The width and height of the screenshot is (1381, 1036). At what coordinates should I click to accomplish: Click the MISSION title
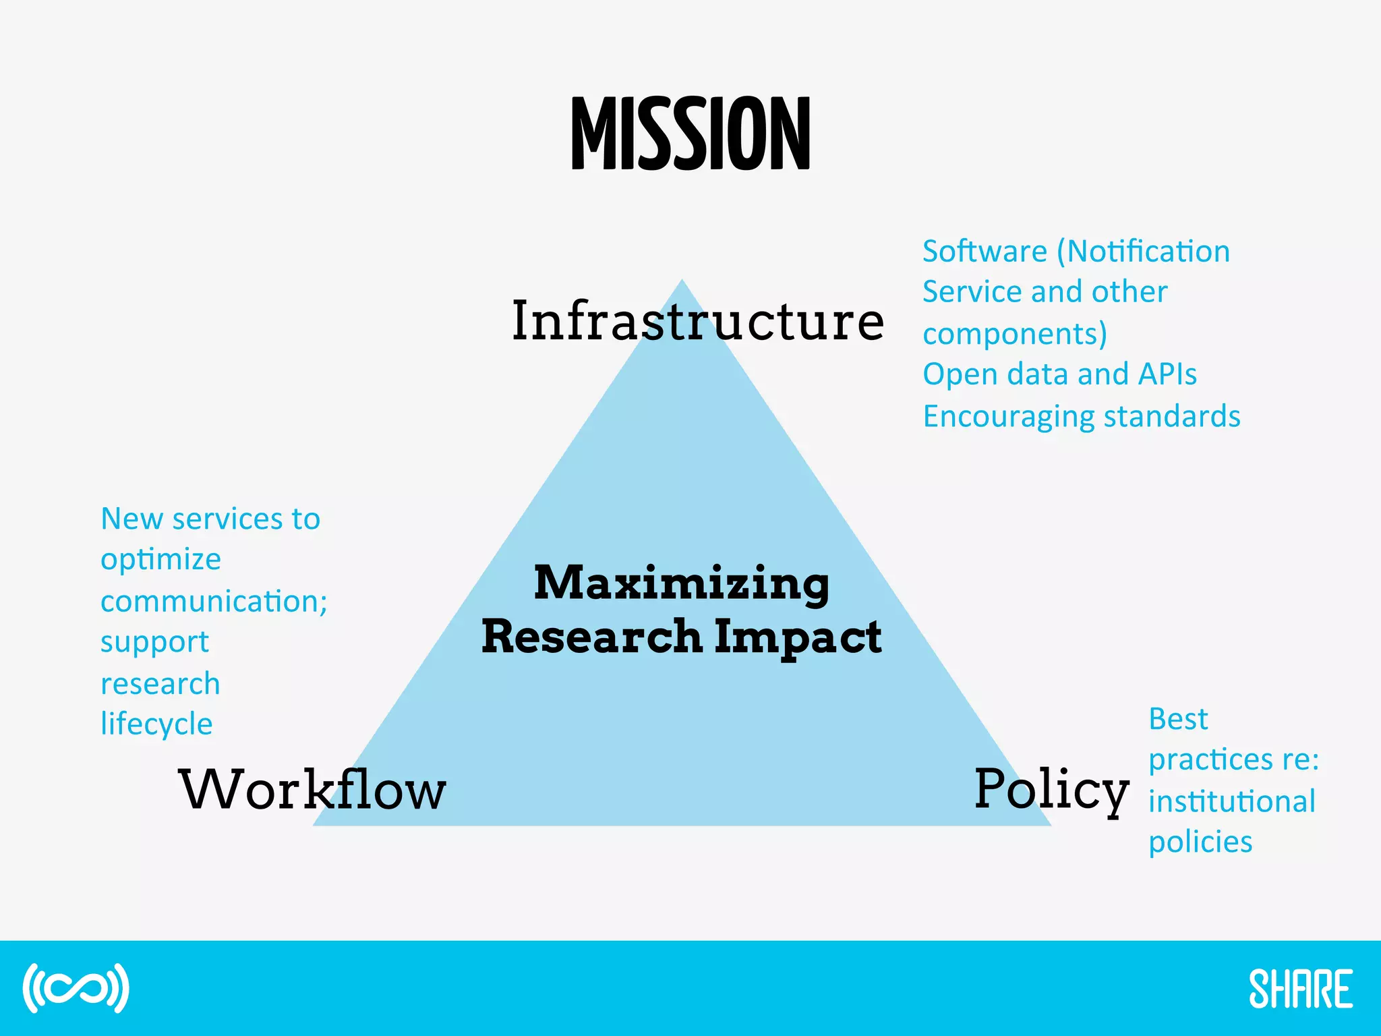[690, 134]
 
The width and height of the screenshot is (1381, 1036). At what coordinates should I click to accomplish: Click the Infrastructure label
[697, 321]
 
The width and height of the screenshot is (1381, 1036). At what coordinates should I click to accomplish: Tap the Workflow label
[312, 789]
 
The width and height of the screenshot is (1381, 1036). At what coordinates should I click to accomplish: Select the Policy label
[1051, 789]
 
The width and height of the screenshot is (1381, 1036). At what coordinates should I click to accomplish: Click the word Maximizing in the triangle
[681, 583]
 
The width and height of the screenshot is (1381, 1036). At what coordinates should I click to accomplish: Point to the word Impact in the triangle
[797, 637]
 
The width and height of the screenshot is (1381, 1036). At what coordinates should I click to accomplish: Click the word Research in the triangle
[592, 637]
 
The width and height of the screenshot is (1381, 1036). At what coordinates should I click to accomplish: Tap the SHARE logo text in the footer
[1300, 989]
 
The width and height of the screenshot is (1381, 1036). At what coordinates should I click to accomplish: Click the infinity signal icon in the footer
[76, 989]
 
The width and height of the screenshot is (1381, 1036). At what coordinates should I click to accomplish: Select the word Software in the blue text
[984, 252]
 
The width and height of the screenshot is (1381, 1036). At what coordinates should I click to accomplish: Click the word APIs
[1167, 374]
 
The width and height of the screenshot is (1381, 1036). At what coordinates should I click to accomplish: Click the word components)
[1014, 334]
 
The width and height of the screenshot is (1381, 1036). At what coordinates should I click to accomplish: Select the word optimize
[160, 560]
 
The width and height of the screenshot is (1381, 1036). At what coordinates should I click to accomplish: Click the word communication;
[214, 601]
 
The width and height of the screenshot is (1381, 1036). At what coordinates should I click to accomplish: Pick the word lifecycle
[156, 724]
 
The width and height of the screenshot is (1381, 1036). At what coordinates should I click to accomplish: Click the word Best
[1178, 719]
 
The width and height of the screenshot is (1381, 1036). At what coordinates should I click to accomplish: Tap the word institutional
[1232, 801]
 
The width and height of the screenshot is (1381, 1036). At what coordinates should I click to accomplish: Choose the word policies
[1200, 842]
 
